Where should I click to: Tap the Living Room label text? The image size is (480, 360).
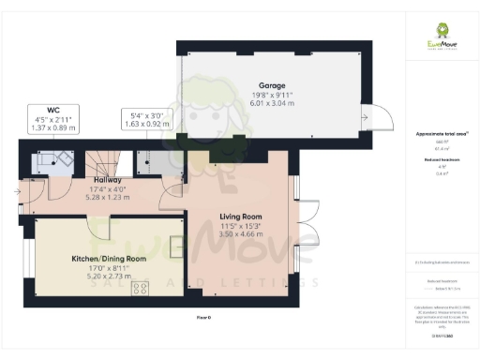pyautogui.click(x=240, y=217)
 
